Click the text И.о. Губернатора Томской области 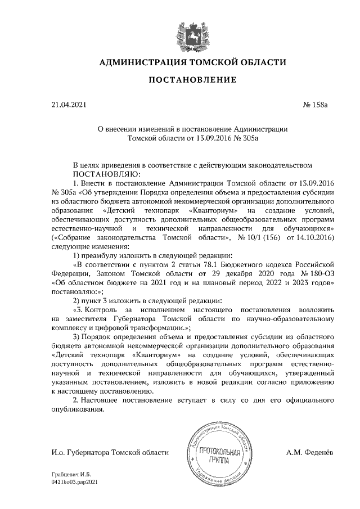click(x=109, y=452)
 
